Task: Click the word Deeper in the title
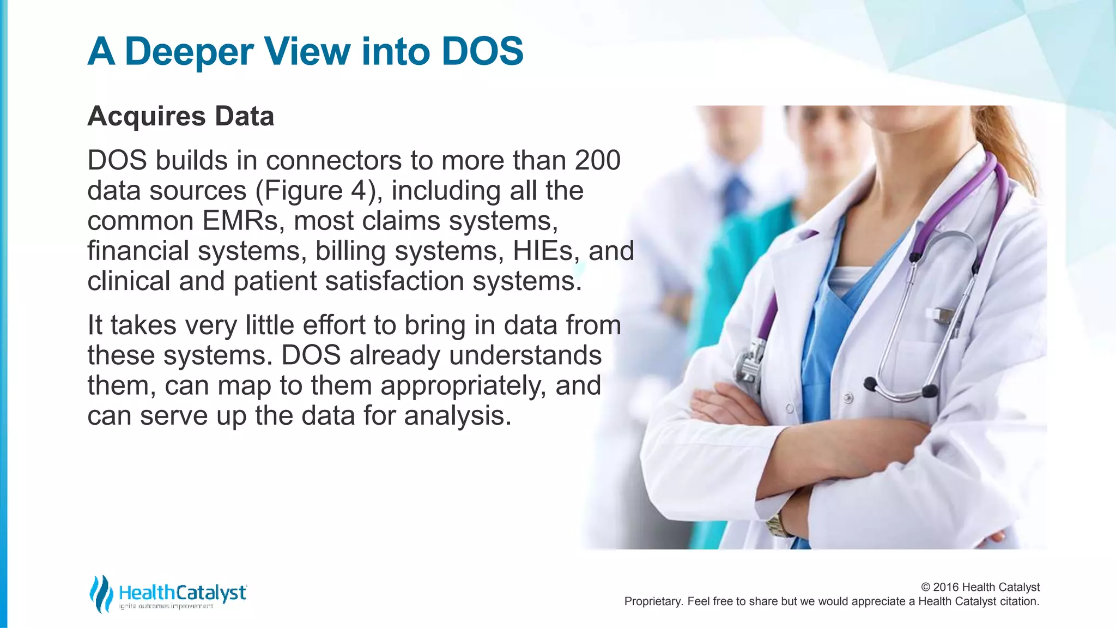(189, 52)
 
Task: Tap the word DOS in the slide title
(482, 52)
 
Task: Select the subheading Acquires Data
(180, 116)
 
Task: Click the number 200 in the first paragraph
(597, 160)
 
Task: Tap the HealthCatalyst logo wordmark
(182, 593)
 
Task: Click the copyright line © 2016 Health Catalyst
(980, 587)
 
